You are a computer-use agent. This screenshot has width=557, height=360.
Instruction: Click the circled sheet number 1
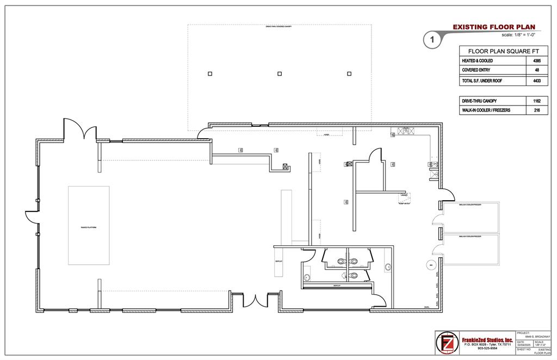[x=431, y=39]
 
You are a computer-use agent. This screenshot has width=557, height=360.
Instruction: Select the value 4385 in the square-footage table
[x=537, y=60]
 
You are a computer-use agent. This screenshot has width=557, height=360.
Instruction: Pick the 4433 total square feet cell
[x=537, y=80]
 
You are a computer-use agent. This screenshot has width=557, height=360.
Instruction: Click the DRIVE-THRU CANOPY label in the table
[x=480, y=101]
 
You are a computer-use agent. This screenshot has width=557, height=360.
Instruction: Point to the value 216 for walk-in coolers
[x=537, y=110]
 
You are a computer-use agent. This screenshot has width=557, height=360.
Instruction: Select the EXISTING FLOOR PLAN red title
[x=494, y=27]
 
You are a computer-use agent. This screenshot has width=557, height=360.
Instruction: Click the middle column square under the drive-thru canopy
[x=280, y=73]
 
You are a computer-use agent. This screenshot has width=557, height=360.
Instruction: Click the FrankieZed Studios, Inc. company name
[x=487, y=340]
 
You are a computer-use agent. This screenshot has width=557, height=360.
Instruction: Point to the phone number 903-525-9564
[x=487, y=349]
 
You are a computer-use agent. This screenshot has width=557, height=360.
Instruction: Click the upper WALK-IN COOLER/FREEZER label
[x=471, y=205]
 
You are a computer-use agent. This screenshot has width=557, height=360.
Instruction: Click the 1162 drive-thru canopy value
[x=537, y=101]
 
